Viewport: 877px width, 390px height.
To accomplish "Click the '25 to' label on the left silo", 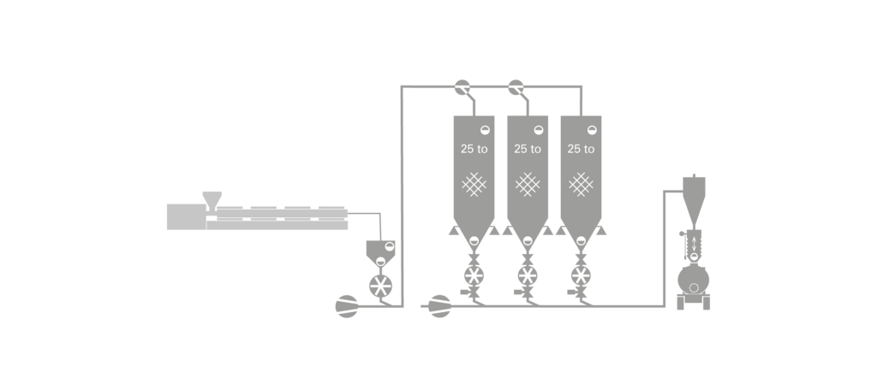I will (x=474, y=149).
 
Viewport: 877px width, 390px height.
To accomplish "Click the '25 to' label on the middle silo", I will (x=528, y=149).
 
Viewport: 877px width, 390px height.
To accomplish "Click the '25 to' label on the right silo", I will (x=581, y=149).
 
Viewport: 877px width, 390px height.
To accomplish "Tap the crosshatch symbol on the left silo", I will (x=474, y=183).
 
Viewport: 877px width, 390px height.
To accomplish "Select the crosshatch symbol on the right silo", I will (x=581, y=183).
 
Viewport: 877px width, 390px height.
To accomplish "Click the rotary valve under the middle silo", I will (x=528, y=275).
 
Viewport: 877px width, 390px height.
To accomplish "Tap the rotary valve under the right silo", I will (x=582, y=275).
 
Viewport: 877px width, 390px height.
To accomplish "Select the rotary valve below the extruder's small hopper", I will (x=380, y=286).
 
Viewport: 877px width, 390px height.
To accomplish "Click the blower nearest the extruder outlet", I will (x=348, y=306).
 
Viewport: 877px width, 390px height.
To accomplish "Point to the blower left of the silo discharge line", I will (x=439, y=305).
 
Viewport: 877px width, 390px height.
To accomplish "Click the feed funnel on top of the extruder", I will (x=211, y=198).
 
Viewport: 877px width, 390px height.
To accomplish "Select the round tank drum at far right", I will (x=694, y=279).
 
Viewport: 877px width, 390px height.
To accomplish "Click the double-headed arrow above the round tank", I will (x=694, y=244).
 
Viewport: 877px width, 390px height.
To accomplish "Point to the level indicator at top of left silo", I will (x=485, y=129).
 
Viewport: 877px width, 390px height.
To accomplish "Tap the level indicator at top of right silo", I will (x=592, y=129).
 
